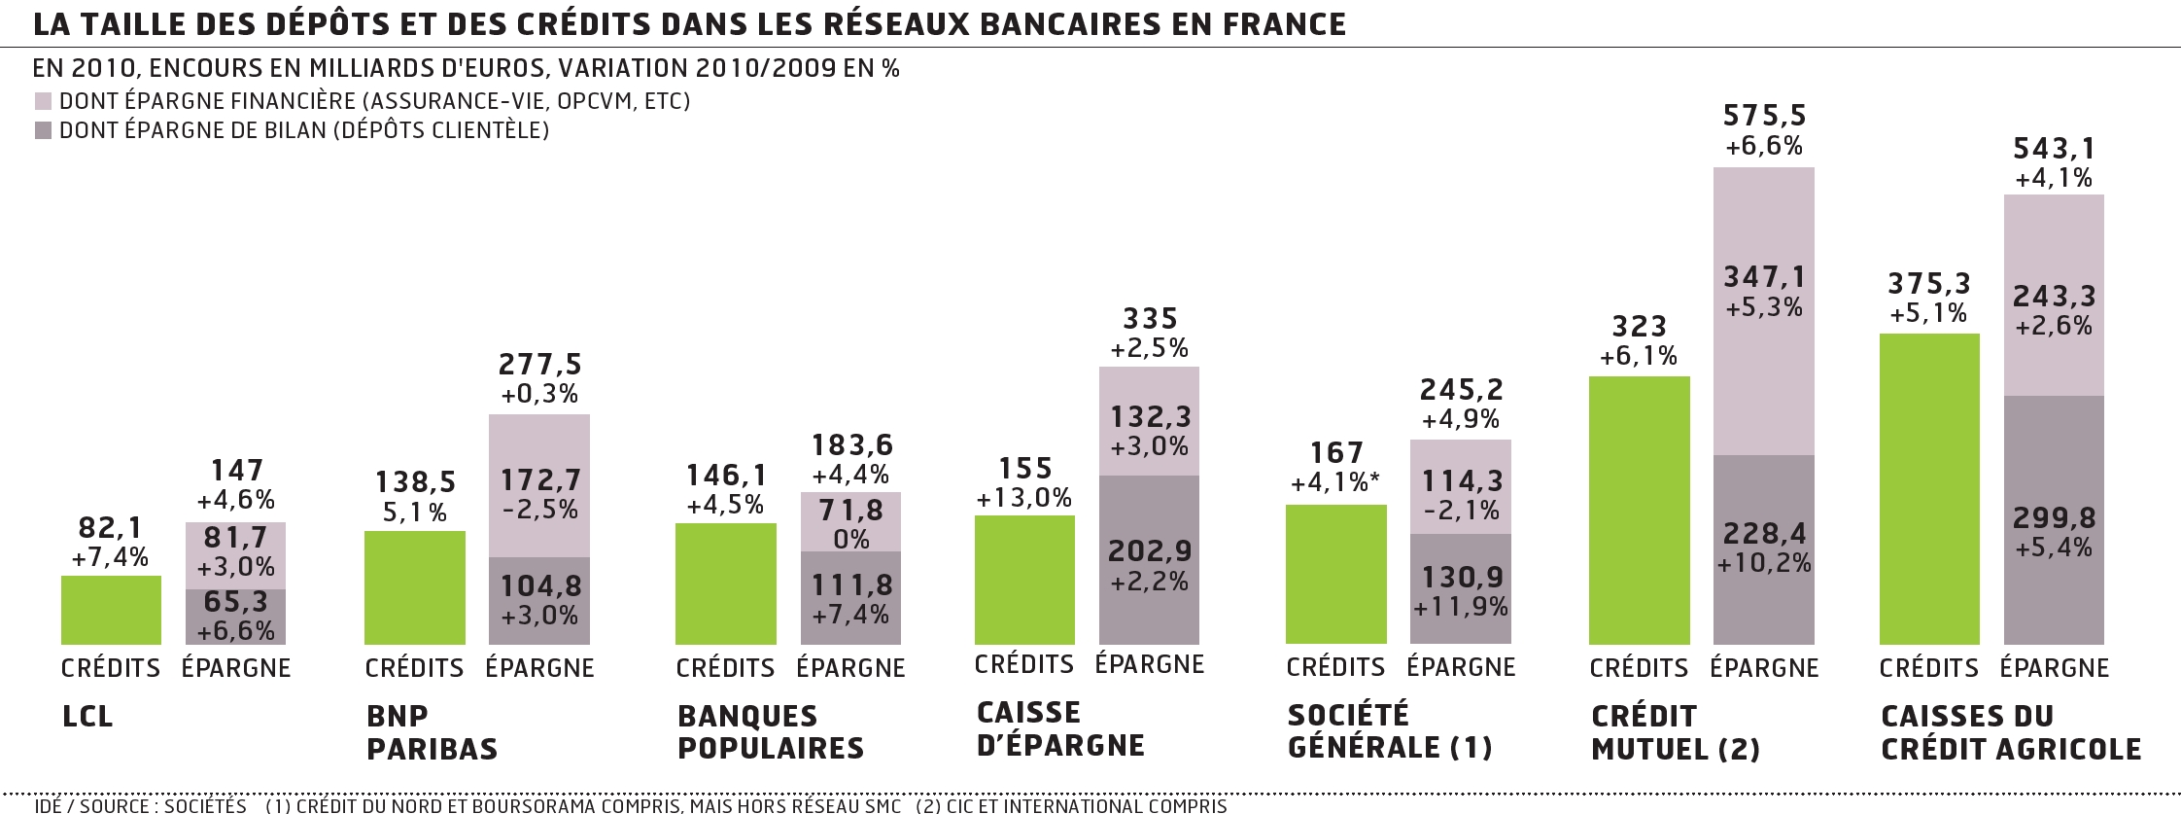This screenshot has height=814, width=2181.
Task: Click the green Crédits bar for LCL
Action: click(111, 610)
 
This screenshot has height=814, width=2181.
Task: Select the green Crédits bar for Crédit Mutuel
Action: click(1639, 510)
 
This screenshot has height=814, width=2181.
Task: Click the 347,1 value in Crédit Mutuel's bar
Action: click(1764, 277)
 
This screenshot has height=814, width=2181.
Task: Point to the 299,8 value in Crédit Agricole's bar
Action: click(2054, 517)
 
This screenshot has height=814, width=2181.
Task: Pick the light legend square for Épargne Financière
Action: click(43, 101)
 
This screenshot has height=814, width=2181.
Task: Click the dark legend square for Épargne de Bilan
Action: click(43, 130)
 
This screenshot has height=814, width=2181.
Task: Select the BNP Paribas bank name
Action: click(432, 732)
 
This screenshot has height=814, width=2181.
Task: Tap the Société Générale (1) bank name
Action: click(1389, 730)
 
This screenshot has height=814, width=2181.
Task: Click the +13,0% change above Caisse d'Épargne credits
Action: click(1024, 499)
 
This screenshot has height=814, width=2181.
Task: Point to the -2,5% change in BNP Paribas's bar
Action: click(539, 510)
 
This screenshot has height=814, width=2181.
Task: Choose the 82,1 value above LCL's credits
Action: click(110, 528)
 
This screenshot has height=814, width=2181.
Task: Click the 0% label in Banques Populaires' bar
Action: click(851, 539)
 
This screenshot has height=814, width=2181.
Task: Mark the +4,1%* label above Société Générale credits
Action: click(1335, 483)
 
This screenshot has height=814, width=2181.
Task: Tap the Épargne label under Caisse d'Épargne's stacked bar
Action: click(1150, 664)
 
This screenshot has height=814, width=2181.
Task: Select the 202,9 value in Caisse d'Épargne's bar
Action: click(1150, 551)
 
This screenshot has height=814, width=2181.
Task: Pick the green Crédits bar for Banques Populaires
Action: click(725, 584)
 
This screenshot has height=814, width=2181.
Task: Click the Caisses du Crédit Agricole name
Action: click(2011, 732)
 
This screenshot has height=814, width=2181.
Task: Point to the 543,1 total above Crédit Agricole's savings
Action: click(2054, 149)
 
